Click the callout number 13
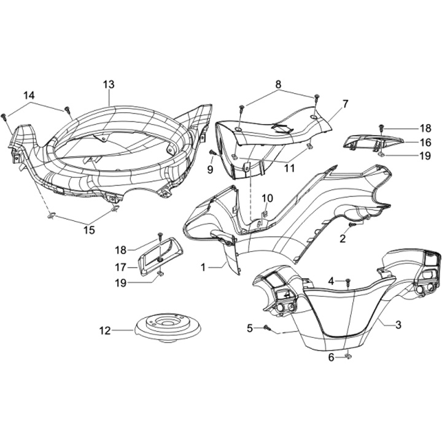pyautogui.click(x=109, y=84)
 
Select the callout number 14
pyautogui.click(x=29, y=95)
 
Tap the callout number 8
pyautogui.click(x=278, y=84)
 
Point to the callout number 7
pyautogui.click(x=345, y=104)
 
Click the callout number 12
pyautogui.click(x=106, y=331)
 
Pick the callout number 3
pyautogui.click(x=398, y=325)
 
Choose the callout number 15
pyautogui.click(x=89, y=230)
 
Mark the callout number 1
pyautogui.click(x=203, y=268)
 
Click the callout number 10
pyautogui.click(x=267, y=198)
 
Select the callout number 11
pyautogui.click(x=289, y=167)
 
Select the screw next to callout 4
pyautogui.click(x=347, y=282)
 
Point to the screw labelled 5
pyautogui.click(x=268, y=328)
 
